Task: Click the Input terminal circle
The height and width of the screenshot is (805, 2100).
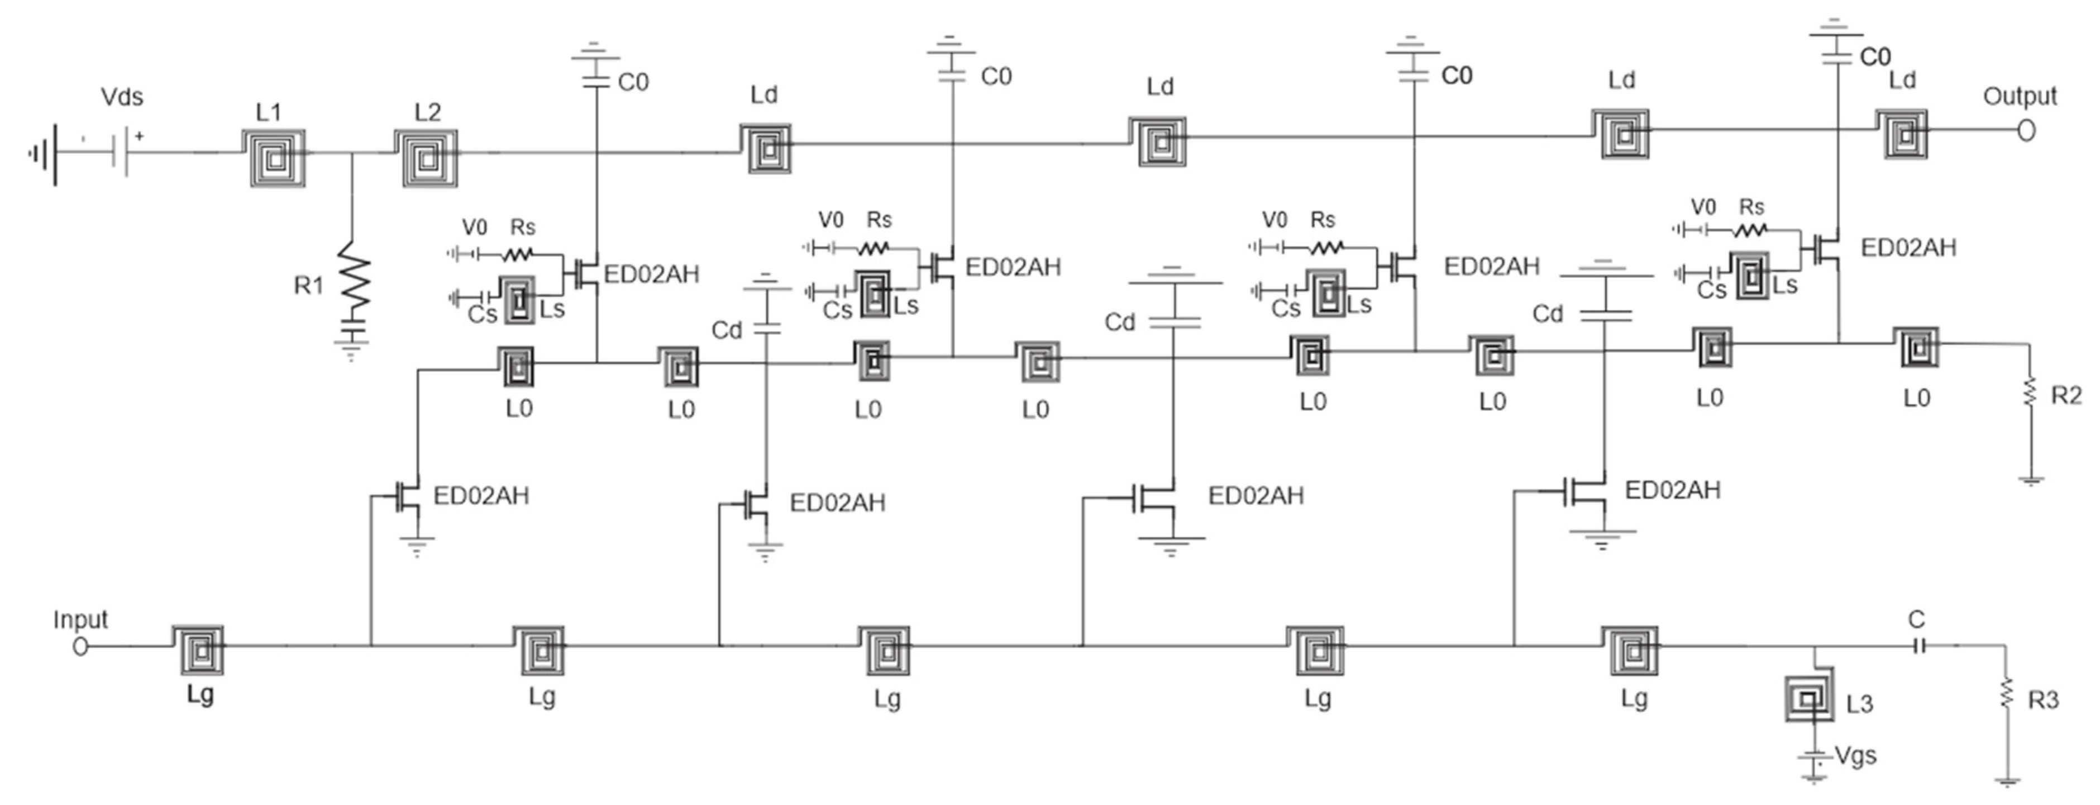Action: (x=80, y=646)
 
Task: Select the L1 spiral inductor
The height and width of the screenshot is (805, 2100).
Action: (x=275, y=158)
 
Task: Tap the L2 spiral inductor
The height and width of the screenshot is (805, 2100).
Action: (x=426, y=158)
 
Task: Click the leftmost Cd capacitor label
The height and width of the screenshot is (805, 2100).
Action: (x=727, y=330)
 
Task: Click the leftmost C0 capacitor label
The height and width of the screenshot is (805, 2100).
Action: (x=633, y=82)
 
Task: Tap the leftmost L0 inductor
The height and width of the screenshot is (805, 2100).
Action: (x=516, y=367)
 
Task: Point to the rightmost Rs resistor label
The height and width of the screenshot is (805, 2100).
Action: (x=1751, y=207)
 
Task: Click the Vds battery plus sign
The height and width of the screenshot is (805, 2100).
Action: (x=140, y=136)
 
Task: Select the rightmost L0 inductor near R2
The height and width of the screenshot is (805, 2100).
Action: (x=1914, y=348)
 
